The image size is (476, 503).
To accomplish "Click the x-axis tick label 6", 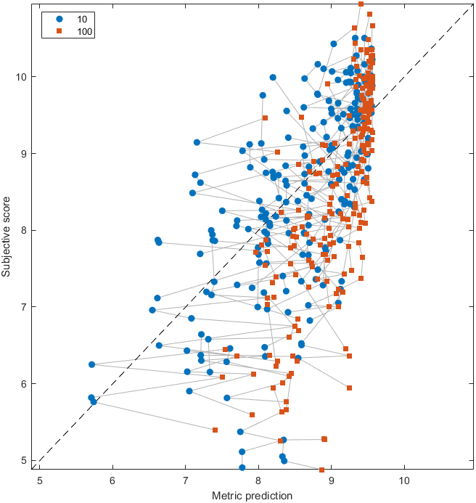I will [x=112, y=480].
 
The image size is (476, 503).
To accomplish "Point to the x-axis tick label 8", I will [x=258, y=480].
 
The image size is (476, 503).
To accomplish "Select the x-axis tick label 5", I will [x=39, y=480].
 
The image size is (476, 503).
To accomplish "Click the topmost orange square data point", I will [x=361, y=4].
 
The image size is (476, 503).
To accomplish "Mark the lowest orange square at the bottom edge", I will [x=322, y=470].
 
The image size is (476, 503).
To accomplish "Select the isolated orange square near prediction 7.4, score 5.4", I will [x=216, y=430].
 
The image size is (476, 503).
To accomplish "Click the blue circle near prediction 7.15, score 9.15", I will [x=197, y=142].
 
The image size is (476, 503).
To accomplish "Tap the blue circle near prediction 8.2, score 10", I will [x=273, y=77].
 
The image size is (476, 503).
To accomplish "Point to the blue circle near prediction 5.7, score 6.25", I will [x=91, y=364].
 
